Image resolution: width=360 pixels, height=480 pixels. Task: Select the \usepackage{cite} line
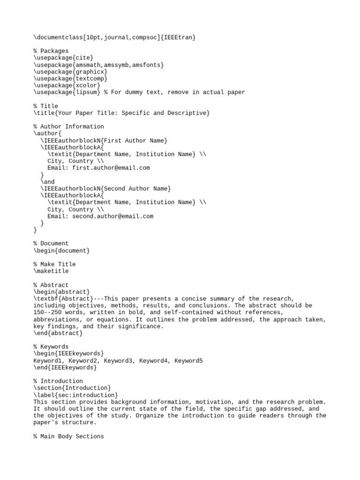pos(60,58)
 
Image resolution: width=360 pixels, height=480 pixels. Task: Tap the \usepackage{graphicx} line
pos(70,72)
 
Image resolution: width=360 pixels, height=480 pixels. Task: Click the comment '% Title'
pos(45,106)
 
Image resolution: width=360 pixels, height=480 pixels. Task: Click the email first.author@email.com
pos(111,168)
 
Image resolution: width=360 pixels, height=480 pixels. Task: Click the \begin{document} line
pos(61,250)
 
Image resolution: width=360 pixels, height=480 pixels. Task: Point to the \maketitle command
pos(51,271)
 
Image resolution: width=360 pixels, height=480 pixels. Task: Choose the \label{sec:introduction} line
pos(75,395)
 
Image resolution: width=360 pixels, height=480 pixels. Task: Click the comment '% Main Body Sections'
pos(68,436)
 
